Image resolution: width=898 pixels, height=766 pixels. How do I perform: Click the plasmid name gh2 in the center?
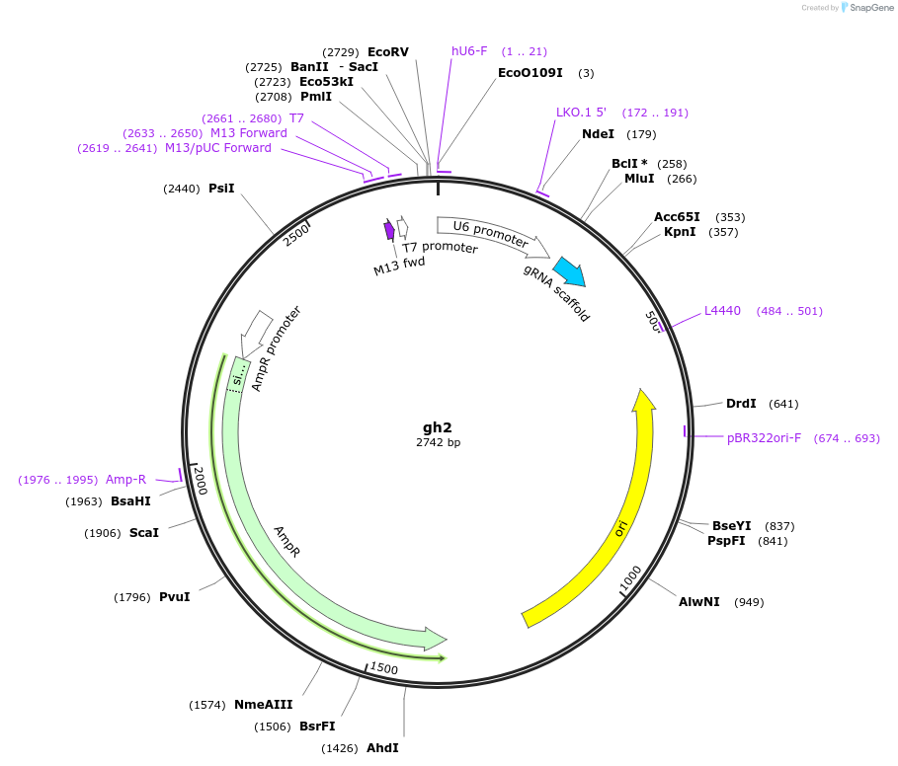pyautogui.click(x=438, y=427)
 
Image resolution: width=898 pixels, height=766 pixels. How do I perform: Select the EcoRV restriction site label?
pyautogui.click(x=387, y=51)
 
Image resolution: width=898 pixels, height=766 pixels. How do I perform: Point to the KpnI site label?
pyautogui.click(x=680, y=232)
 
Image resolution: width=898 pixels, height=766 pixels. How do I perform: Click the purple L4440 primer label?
pyautogui.click(x=722, y=311)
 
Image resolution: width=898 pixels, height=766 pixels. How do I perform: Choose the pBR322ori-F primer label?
pyautogui.click(x=764, y=437)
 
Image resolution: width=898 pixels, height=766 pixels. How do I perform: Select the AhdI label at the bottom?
pyautogui.click(x=382, y=748)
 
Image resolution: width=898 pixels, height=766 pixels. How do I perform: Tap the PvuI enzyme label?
pyautogui.click(x=174, y=597)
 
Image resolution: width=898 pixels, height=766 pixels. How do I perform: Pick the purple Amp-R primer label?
pyautogui.click(x=125, y=480)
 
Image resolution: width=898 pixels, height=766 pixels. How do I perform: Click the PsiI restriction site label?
pyautogui.click(x=221, y=188)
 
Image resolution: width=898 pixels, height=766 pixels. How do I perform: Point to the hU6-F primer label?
pyautogui.click(x=469, y=51)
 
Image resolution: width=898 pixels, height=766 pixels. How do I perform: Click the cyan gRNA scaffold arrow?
pyautogui.click(x=568, y=271)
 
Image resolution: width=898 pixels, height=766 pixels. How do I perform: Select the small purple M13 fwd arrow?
pyautogui.click(x=389, y=230)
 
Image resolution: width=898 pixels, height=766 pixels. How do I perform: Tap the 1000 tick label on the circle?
pyautogui.click(x=631, y=581)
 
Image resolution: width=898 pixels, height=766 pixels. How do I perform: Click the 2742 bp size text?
pyautogui.click(x=438, y=443)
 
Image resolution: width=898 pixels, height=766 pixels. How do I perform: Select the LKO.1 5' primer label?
pyautogui.click(x=581, y=113)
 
